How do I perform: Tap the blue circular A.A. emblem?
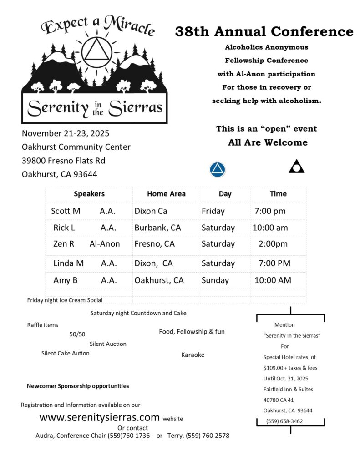[x=218, y=169]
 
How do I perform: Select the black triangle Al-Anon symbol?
[x=297, y=167]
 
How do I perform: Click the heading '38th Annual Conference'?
[x=264, y=31]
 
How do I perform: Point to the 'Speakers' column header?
[x=89, y=193]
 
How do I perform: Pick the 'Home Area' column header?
[x=166, y=193]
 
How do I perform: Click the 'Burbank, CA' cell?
[x=157, y=228]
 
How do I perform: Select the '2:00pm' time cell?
[x=273, y=244]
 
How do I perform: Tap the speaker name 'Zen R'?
[x=64, y=244]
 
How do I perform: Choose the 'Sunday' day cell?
[x=215, y=280]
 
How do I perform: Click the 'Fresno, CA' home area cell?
[x=154, y=244]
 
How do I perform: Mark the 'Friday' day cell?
[x=213, y=211]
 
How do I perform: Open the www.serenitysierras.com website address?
[x=100, y=417]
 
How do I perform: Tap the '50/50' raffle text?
[x=77, y=334]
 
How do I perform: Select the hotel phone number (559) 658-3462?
[x=285, y=421]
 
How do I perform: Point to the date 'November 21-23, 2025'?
[x=66, y=133]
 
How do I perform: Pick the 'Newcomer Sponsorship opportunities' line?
[x=78, y=386]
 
